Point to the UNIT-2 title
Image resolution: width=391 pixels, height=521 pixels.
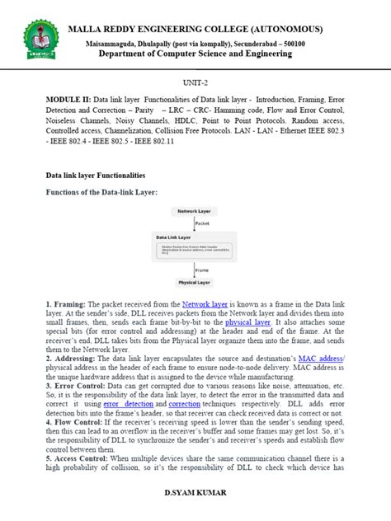tap(195, 83)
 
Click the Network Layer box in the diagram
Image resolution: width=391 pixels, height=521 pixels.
tap(195, 212)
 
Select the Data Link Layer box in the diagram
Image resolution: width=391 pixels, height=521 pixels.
tap(195, 246)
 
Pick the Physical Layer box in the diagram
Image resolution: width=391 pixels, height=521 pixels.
tap(195, 282)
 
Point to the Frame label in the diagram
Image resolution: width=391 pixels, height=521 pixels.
tap(202, 270)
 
